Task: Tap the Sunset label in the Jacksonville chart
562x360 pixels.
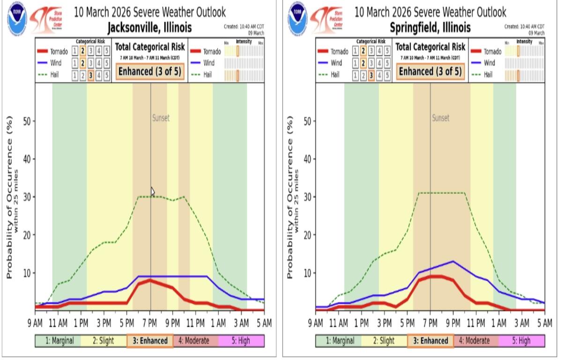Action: pyautogui.click(x=161, y=118)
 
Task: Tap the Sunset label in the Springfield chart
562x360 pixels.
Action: pyautogui.click(x=440, y=118)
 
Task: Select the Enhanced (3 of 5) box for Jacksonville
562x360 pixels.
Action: pyautogui.click(x=150, y=72)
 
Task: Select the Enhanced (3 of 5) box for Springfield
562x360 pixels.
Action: pyautogui.click(x=430, y=72)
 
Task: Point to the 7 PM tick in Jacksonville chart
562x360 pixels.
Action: pyautogui.click(x=150, y=323)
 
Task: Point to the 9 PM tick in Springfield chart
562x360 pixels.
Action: pyautogui.click(x=453, y=323)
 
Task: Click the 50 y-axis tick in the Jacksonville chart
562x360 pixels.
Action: pyautogui.click(x=27, y=121)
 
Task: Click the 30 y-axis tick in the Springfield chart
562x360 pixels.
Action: pyautogui.click(x=307, y=197)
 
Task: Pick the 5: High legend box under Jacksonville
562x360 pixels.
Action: pyautogui.click(x=241, y=341)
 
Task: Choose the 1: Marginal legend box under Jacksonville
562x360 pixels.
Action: pyautogui.click(x=58, y=341)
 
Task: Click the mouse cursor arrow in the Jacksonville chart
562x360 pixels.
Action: pyautogui.click(x=152, y=191)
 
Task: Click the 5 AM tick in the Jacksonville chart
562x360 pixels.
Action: pyautogui.click(x=264, y=323)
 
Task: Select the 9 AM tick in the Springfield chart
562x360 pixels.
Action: pyautogui.click(x=316, y=323)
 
